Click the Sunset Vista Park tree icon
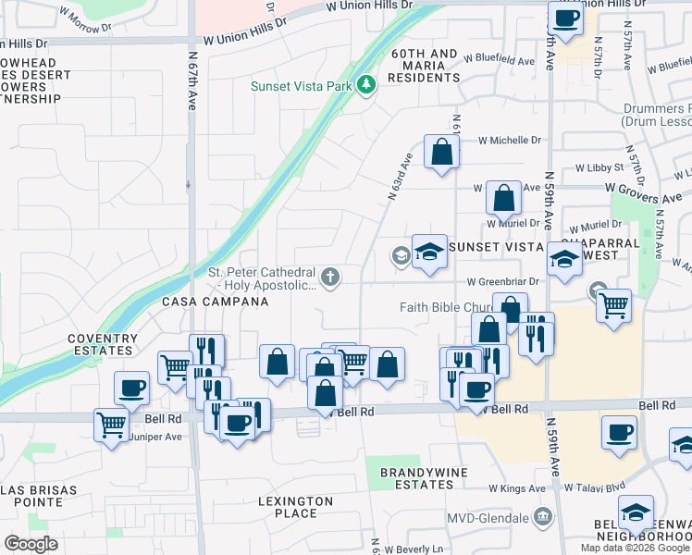(367, 86)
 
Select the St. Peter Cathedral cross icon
(328, 277)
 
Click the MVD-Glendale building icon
(542, 516)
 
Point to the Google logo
(31, 543)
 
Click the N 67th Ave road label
(192, 69)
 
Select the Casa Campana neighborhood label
(209, 302)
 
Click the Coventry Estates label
(101, 344)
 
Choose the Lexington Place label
(297, 507)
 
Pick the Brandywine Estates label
(414, 478)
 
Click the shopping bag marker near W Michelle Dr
(441, 152)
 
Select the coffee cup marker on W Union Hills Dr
(565, 17)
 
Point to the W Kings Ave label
(517, 487)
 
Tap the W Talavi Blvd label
(595, 487)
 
